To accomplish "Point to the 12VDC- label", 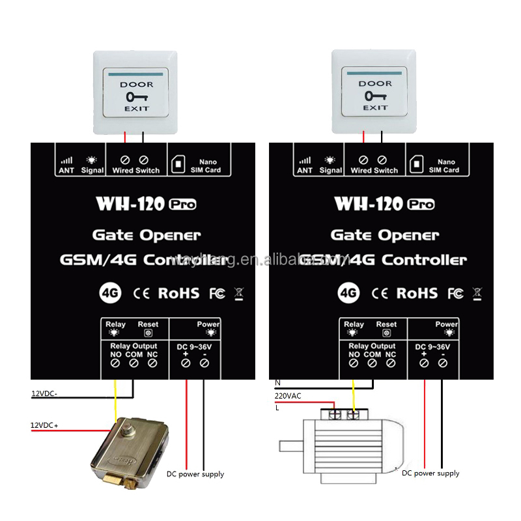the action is click(x=44, y=393).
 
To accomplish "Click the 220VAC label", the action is click(x=287, y=394).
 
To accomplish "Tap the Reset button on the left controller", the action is click(x=148, y=333).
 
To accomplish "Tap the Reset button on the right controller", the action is click(x=386, y=333).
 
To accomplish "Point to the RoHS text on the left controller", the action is click(x=178, y=293).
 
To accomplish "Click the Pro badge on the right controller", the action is click(x=421, y=204).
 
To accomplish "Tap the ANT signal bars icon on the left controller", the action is click(x=66, y=160).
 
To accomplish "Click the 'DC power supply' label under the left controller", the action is click(x=195, y=474).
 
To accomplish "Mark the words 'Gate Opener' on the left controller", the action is click(x=147, y=234).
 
